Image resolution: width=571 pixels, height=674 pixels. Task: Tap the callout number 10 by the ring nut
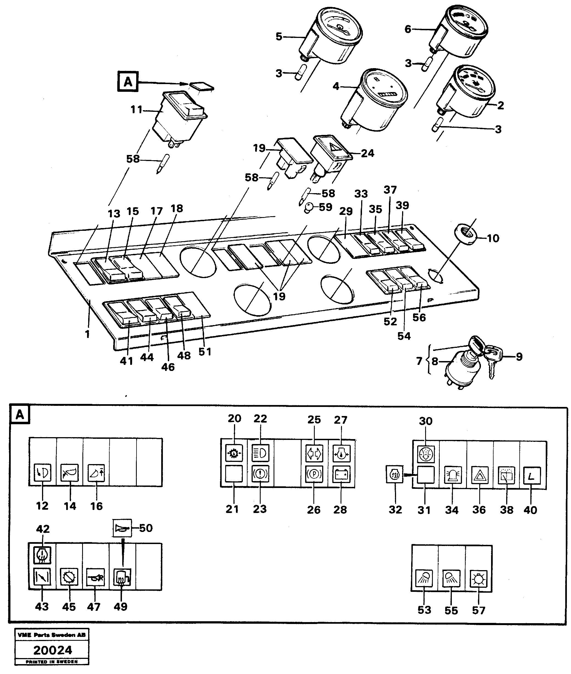[493, 238]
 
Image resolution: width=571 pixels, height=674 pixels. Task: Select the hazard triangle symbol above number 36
[479, 475]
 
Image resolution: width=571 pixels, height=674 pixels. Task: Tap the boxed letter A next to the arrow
[128, 82]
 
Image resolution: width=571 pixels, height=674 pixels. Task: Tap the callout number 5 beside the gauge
[279, 37]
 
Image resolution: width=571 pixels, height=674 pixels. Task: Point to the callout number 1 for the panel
[87, 334]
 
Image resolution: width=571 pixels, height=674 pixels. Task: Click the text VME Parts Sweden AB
[52, 635]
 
